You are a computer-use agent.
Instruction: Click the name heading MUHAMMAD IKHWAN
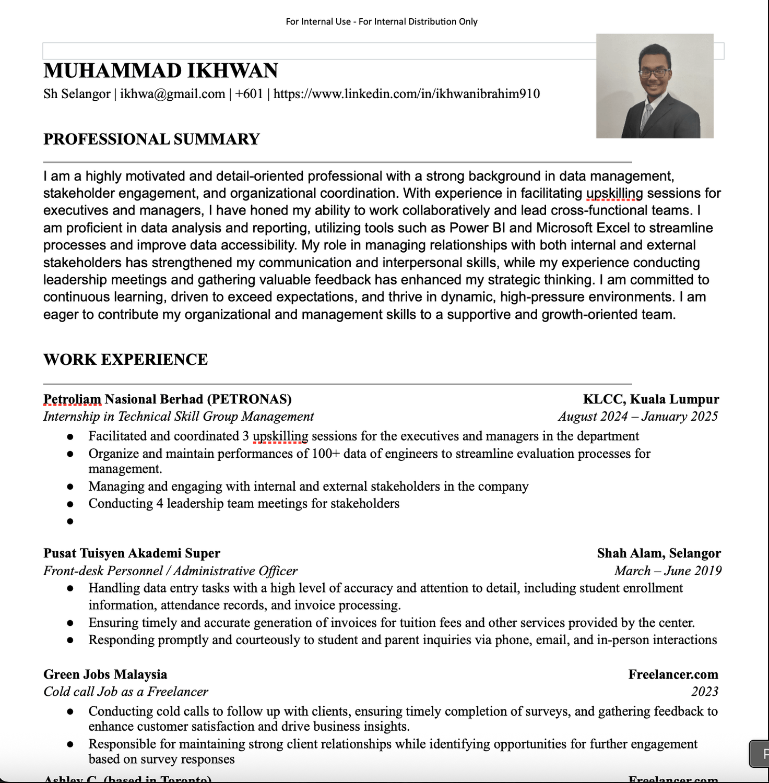click(160, 71)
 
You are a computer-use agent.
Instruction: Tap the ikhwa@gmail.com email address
click(172, 94)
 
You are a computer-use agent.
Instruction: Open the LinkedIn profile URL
click(406, 94)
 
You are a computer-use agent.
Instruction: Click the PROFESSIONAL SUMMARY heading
click(151, 139)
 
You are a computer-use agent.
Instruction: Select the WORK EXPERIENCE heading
click(125, 360)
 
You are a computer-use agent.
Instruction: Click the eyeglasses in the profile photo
click(654, 73)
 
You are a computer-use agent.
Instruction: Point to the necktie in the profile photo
click(647, 116)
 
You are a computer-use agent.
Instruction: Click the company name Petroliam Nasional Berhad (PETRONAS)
click(167, 399)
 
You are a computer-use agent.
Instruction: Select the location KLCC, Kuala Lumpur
click(650, 399)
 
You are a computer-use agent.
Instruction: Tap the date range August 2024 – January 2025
click(637, 417)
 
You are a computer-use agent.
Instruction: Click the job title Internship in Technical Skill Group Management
click(179, 417)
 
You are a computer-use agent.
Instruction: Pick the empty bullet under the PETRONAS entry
click(70, 521)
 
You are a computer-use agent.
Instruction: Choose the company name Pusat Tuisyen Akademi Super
click(132, 553)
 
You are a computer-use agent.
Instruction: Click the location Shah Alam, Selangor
click(658, 553)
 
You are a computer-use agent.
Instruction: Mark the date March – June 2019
click(668, 571)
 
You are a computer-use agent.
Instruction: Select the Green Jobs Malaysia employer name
click(105, 674)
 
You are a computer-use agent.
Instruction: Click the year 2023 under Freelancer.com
click(704, 692)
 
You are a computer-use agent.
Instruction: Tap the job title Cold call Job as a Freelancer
click(125, 692)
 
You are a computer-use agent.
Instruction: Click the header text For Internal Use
click(318, 22)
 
